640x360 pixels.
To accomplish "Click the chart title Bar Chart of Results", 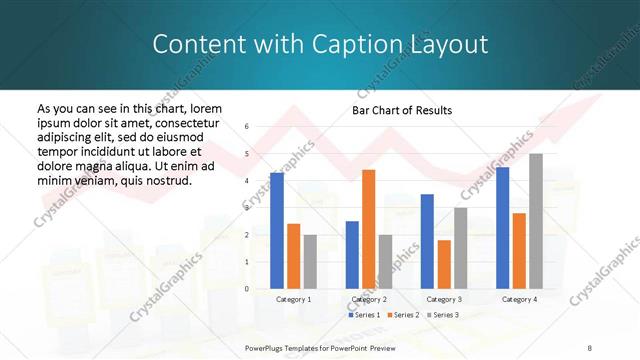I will pos(402,110).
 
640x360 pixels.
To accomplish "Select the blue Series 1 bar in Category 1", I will pos(277,230).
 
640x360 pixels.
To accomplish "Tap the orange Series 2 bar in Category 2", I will pos(368,229).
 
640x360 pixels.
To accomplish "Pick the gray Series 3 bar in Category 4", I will pos(536,221).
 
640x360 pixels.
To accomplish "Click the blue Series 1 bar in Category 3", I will pos(427,241).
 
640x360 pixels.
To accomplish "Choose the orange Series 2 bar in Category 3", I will pos(443,264).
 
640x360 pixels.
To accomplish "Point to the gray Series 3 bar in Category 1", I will pos(310,261).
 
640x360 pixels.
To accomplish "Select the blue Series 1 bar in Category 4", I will pos(502,227).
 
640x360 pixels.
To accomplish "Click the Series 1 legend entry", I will pos(364,315).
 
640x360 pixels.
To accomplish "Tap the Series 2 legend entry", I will pos(403,315).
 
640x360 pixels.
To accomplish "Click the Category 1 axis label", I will pos(294,299).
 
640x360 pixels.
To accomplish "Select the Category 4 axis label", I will pos(519,299).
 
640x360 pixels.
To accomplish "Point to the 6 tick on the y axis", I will pos(246,127).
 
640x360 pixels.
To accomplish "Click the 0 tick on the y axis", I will pos(246,289).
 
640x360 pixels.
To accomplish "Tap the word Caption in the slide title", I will pos(350,44).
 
